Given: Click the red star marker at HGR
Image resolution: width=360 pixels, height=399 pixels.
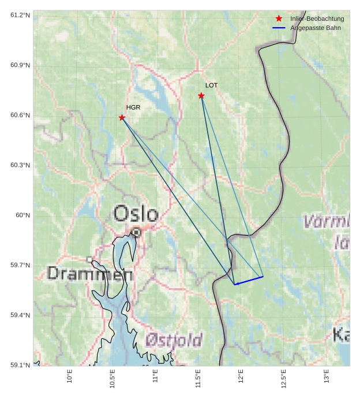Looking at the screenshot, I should click(122, 118).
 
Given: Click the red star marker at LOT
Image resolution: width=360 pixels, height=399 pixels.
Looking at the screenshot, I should click(201, 95).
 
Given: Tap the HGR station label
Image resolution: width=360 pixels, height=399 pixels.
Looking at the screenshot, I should click(133, 107).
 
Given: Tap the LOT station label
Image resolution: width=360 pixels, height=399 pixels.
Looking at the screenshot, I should click(212, 85).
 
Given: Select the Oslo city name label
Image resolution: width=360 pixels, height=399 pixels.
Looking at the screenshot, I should click(136, 214).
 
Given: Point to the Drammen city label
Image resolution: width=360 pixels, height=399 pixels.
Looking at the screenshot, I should click(90, 273).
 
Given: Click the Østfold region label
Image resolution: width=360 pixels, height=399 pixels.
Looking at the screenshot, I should click(174, 339).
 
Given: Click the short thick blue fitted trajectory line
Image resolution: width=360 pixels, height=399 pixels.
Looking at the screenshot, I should click(249, 281).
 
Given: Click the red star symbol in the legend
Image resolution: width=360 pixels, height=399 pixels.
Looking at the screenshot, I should click(279, 18).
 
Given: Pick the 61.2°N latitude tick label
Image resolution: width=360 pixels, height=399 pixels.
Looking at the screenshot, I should click(20, 14).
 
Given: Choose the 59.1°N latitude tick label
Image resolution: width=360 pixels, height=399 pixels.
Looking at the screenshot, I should click(20, 365).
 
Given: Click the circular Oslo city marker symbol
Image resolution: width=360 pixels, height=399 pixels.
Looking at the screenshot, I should click(136, 232).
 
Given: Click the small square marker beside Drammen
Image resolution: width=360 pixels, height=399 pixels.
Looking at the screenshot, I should click(89, 259).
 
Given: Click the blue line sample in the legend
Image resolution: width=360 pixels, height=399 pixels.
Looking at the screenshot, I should click(279, 28).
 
